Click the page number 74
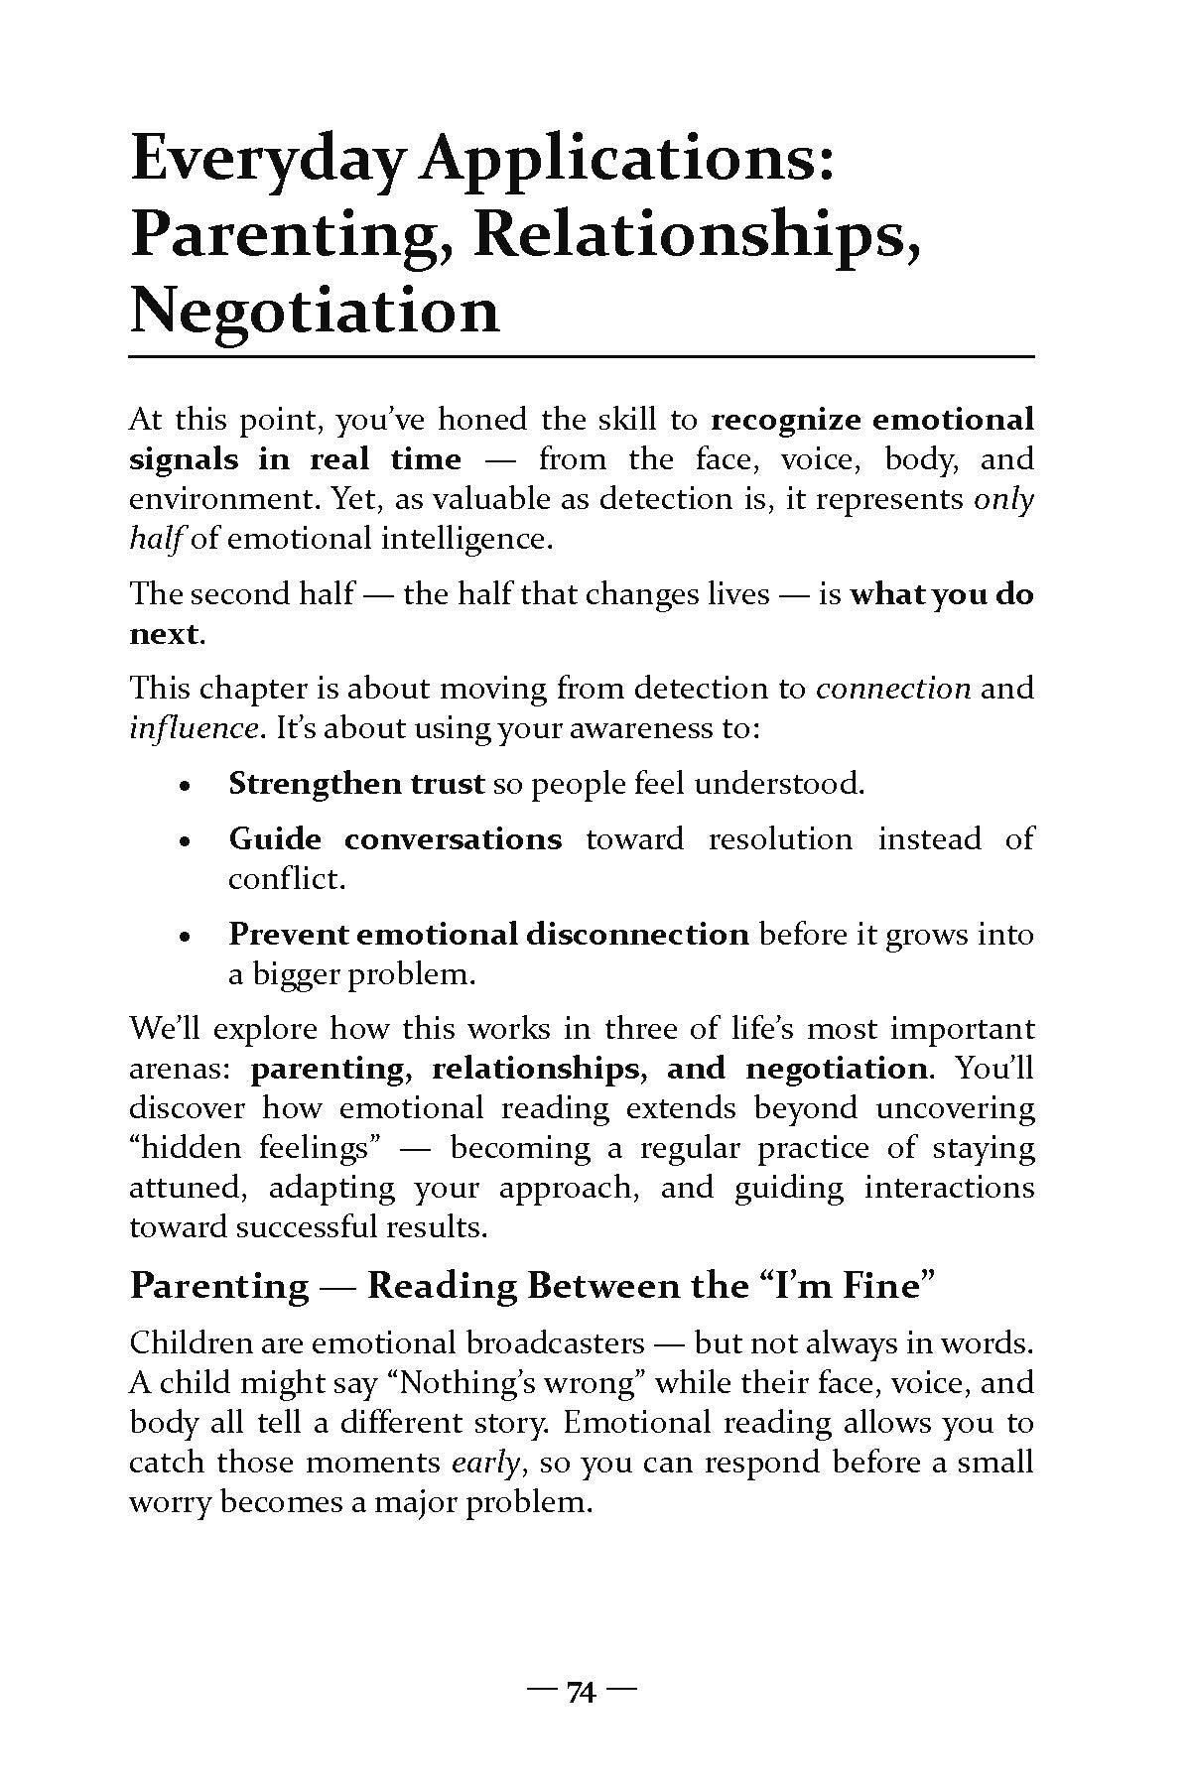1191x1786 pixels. [581, 1693]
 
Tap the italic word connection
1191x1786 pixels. [892, 689]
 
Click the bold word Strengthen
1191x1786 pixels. [304, 784]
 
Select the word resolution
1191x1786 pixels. [780, 839]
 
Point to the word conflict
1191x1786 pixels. [285, 879]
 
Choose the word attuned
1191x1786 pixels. [186, 1189]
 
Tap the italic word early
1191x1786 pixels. [482, 1464]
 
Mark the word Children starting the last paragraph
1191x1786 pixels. [191, 1343]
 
